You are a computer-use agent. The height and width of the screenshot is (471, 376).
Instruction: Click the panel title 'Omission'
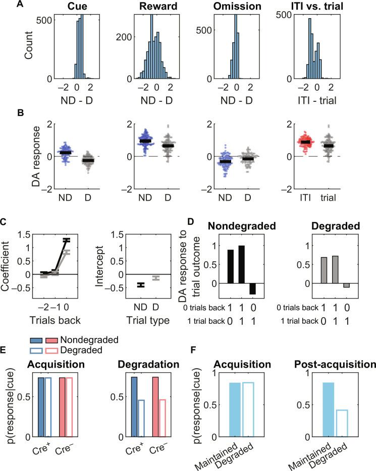point(237,7)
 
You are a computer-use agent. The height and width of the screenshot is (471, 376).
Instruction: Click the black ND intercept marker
point(141,285)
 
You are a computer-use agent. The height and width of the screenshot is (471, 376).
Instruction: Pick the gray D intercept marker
point(155,278)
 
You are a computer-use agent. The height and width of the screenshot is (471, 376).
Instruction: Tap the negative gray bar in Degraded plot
point(346,285)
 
